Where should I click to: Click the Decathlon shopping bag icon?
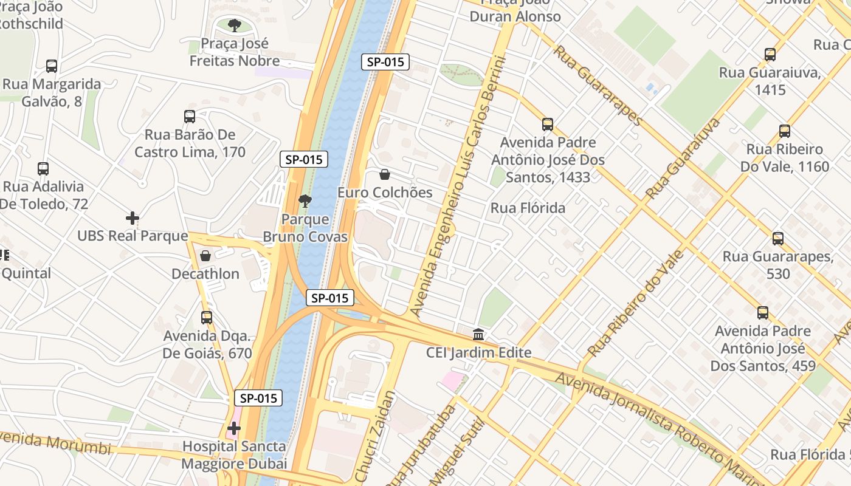205,256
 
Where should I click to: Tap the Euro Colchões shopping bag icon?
385,175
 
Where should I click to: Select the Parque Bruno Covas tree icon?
305,200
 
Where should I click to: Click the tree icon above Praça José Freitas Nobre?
234,26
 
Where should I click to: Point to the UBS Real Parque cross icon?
133,217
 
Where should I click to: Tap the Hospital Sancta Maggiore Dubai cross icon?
234,429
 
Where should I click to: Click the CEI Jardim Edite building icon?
478,335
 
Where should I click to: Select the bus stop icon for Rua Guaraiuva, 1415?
770,55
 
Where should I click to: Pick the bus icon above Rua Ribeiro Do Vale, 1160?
785,131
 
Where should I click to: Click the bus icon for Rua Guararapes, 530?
778,239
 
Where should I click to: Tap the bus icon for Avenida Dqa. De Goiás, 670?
207,318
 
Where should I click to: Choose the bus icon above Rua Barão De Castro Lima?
190,117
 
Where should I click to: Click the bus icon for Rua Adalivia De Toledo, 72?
43,169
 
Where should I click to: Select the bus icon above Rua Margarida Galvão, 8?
52,66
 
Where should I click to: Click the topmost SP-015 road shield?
385,62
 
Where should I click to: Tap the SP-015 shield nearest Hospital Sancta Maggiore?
258,399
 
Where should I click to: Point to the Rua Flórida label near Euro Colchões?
528,208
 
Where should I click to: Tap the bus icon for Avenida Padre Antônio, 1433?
548,125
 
